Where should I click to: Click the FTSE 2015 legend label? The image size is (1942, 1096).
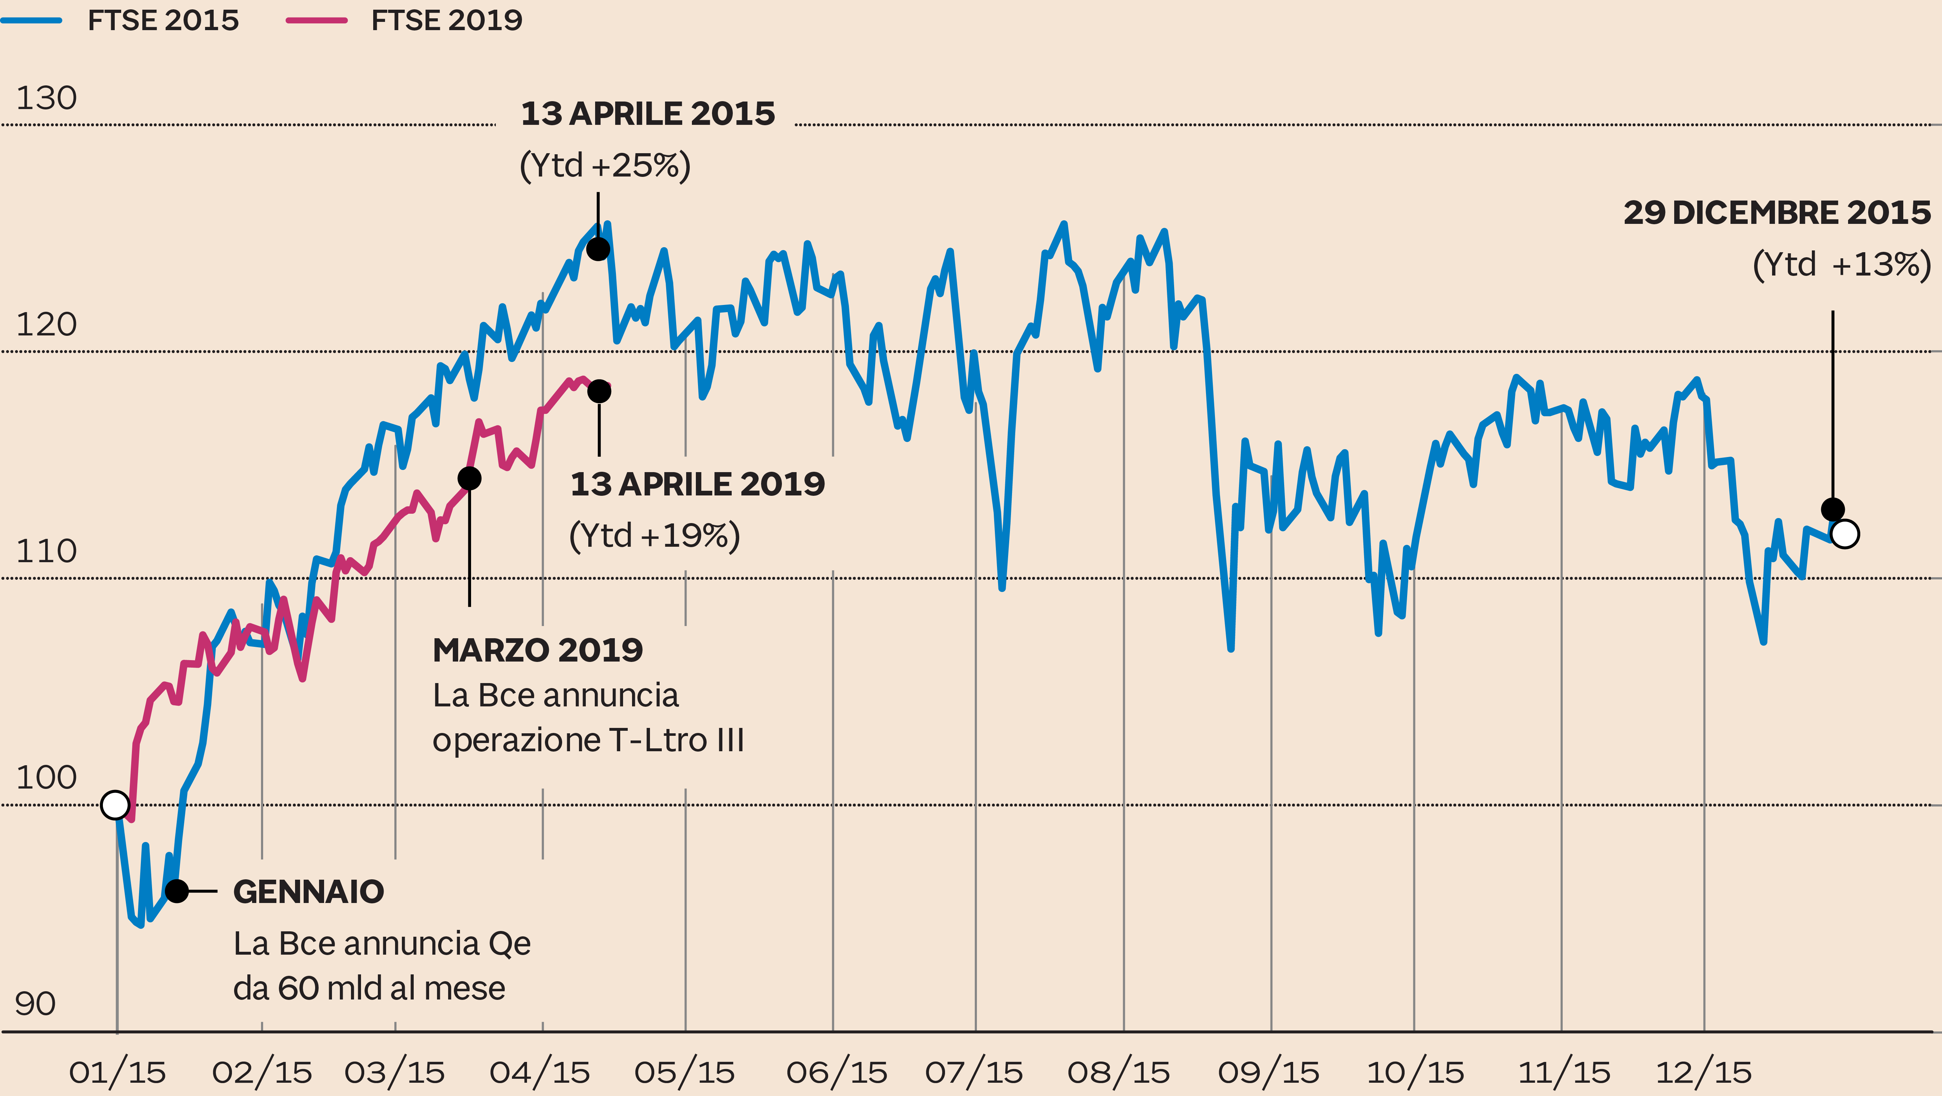[x=163, y=20]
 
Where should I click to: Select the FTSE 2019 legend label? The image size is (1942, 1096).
[x=446, y=20]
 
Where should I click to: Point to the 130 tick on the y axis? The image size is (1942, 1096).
[x=46, y=98]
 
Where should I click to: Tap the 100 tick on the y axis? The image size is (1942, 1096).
[x=46, y=778]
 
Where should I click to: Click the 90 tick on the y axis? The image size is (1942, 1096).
[x=35, y=1004]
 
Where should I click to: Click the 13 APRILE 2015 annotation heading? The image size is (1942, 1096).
[x=647, y=114]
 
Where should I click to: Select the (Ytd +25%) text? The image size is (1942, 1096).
[x=605, y=165]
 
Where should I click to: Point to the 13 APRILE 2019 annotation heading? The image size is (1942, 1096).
[x=697, y=484]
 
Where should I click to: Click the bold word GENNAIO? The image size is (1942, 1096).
[x=308, y=892]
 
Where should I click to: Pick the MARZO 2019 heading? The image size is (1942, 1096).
[x=537, y=650]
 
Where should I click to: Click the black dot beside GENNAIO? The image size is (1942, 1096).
[x=176, y=891]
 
